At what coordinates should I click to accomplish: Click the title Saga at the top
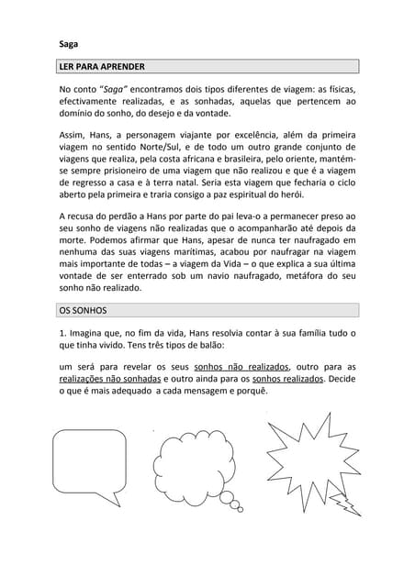point(67,43)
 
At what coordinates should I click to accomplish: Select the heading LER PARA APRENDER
point(101,67)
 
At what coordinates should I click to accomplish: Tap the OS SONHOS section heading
point(84,311)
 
